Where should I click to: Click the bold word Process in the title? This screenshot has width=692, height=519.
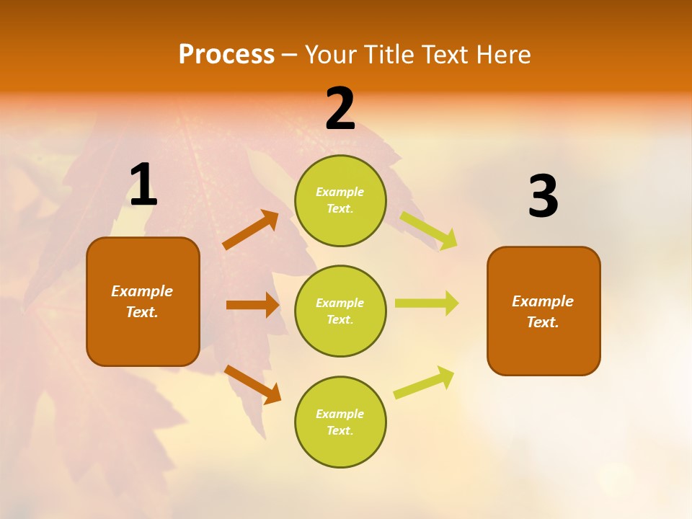click(x=226, y=55)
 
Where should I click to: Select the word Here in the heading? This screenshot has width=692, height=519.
click(x=500, y=55)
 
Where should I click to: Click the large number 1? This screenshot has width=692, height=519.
click(x=143, y=185)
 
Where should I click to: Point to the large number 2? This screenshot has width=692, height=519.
click(x=340, y=109)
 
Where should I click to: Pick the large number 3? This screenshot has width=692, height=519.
click(x=543, y=197)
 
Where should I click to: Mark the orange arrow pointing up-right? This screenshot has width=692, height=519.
click(x=251, y=230)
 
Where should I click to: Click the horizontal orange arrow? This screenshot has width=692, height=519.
click(x=252, y=305)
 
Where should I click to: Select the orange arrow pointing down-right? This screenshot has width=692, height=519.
click(x=252, y=384)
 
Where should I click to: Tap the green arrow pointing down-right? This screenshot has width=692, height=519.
click(x=428, y=230)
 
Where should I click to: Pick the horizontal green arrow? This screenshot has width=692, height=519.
click(x=427, y=303)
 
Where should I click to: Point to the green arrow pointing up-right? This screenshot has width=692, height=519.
click(x=424, y=382)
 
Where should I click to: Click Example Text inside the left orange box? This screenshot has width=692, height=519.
click(x=142, y=301)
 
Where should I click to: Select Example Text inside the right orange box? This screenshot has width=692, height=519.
click(x=543, y=311)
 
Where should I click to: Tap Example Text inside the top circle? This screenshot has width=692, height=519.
click(x=340, y=200)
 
